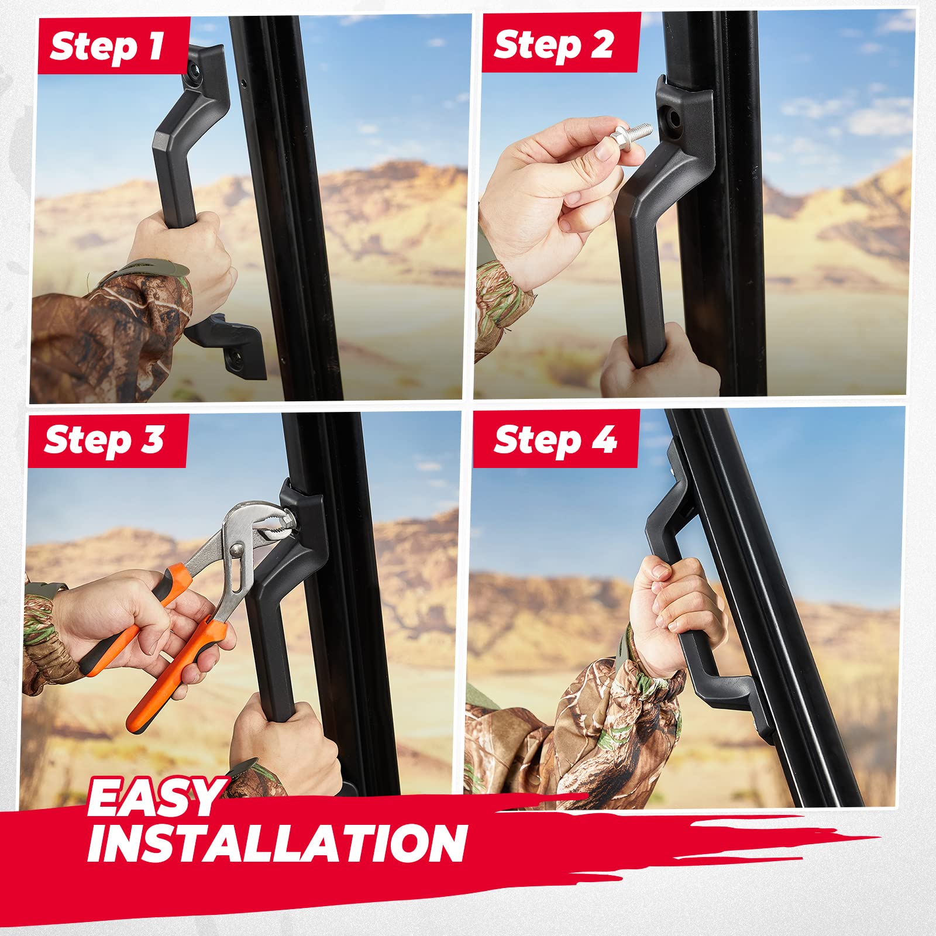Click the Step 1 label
pos(107,46)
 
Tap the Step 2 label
pos(553,44)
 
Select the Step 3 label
pos(104,440)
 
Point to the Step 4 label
pos(555,440)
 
